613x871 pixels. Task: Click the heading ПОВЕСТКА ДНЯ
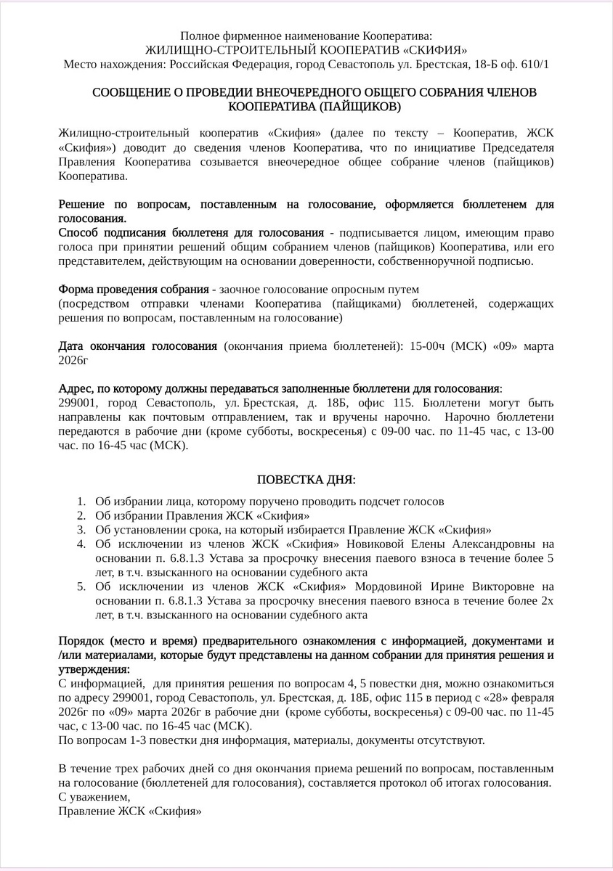(306, 480)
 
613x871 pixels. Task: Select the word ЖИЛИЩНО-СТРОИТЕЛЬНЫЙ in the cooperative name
(215, 49)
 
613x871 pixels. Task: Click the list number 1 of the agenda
(80, 502)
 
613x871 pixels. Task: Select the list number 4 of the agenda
(80, 544)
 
